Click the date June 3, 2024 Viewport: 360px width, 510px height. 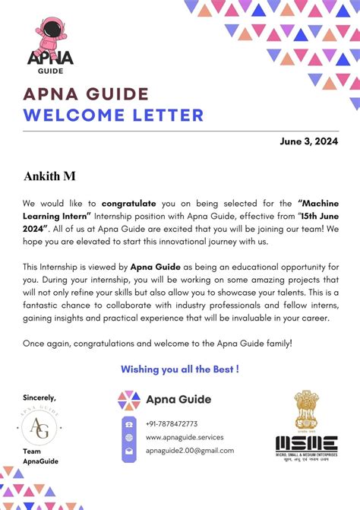tap(309, 141)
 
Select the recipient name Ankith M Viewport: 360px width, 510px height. tap(50, 176)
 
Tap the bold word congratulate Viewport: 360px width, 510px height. tap(129, 204)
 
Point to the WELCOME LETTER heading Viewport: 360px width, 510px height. tap(113, 115)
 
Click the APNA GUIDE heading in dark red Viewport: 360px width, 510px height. tap(86, 94)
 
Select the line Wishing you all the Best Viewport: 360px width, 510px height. tap(180, 369)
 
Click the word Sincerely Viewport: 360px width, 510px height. tap(39, 398)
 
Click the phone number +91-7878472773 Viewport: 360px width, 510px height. tap(172, 423)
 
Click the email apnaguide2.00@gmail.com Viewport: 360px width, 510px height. tap(190, 450)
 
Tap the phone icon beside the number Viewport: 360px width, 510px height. tap(129, 423)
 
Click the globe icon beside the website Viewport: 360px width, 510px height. tap(129, 437)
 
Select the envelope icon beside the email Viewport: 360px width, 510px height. tap(129, 451)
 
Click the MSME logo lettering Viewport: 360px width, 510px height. tap(306, 442)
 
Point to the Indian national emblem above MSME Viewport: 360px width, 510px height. tap(306, 411)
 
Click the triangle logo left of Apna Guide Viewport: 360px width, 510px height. tap(129, 399)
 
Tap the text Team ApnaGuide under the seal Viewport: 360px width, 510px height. tap(40, 455)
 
